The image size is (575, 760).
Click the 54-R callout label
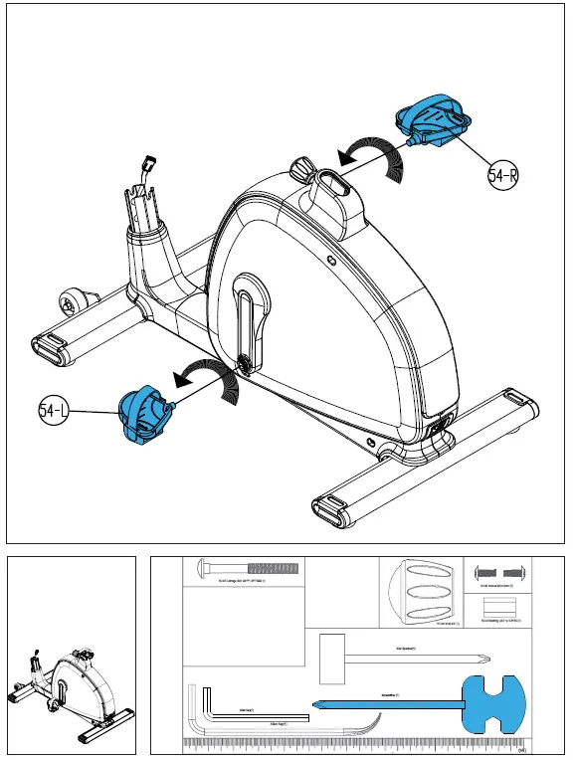[503, 176]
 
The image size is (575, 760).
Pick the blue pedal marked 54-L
[142, 416]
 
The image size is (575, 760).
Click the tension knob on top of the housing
[302, 165]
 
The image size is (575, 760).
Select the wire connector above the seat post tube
[149, 162]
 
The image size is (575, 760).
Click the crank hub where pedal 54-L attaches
[241, 366]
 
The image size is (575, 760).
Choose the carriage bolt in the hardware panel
[249, 570]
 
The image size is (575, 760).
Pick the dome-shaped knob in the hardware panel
[419, 593]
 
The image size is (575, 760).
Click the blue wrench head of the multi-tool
[493, 702]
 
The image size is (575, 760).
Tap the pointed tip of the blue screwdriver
[317, 705]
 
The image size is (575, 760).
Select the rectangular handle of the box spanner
[330, 658]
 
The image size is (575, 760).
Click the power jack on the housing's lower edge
[439, 429]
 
